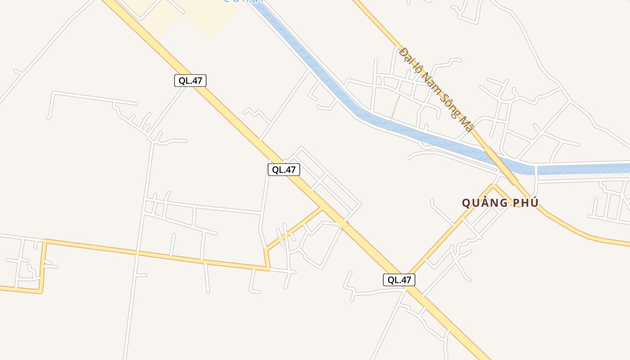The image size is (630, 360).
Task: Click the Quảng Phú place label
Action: [500, 203]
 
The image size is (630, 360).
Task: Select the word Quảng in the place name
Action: [484, 203]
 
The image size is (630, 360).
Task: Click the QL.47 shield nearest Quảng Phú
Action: [399, 280]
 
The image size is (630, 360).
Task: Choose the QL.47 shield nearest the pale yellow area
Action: [190, 81]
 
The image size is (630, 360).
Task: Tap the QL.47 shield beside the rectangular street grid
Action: [284, 170]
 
